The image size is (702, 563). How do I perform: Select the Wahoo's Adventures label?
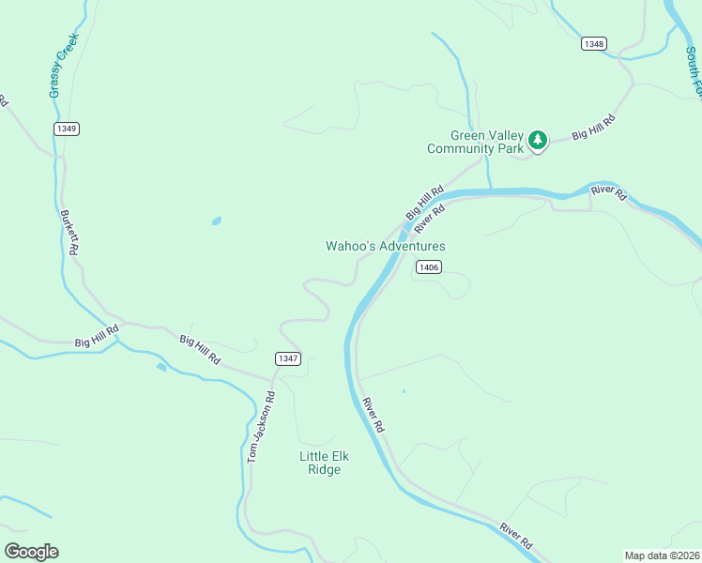[x=385, y=246]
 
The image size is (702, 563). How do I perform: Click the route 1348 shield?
[x=593, y=43]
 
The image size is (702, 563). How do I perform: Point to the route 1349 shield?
[x=66, y=129]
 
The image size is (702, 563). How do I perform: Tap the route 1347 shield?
[x=288, y=358]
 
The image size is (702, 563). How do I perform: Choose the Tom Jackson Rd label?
[x=259, y=427]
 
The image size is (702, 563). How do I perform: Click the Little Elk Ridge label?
[x=324, y=463]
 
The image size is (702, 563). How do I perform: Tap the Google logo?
[x=31, y=552]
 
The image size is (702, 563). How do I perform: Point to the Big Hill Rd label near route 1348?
[x=592, y=128]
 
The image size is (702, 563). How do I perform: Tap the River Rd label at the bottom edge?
[x=516, y=537]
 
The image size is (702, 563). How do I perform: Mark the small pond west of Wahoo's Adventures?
[x=217, y=221]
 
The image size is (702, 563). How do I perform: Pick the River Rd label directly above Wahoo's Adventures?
[x=428, y=218]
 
